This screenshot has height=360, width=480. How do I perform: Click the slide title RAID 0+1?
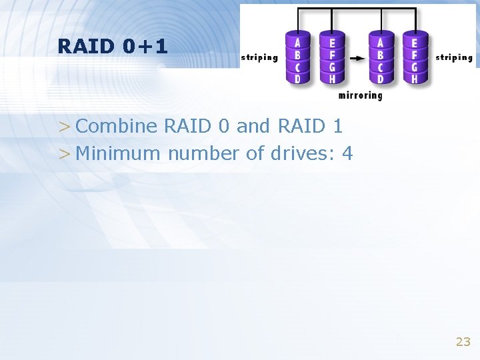(113, 46)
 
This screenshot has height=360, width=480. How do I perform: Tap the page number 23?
(463, 342)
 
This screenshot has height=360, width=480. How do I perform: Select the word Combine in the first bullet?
(117, 126)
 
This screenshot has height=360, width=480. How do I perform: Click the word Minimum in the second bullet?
(119, 153)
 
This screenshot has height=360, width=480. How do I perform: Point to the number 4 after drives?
(347, 153)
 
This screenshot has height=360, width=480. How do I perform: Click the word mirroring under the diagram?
(360, 95)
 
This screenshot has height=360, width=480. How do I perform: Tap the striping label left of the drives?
(259, 57)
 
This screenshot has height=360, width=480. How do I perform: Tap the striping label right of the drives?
(454, 57)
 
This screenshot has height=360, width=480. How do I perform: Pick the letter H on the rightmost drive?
(415, 79)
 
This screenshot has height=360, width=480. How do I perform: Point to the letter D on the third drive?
(380, 79)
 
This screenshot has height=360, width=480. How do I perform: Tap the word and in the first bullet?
(254, 126)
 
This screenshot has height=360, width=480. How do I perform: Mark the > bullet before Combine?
(63, 127)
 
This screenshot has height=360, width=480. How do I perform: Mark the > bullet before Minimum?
(63, 154)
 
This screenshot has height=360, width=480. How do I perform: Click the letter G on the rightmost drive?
(415, 67)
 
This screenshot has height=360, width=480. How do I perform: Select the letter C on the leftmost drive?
(297, 67)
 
